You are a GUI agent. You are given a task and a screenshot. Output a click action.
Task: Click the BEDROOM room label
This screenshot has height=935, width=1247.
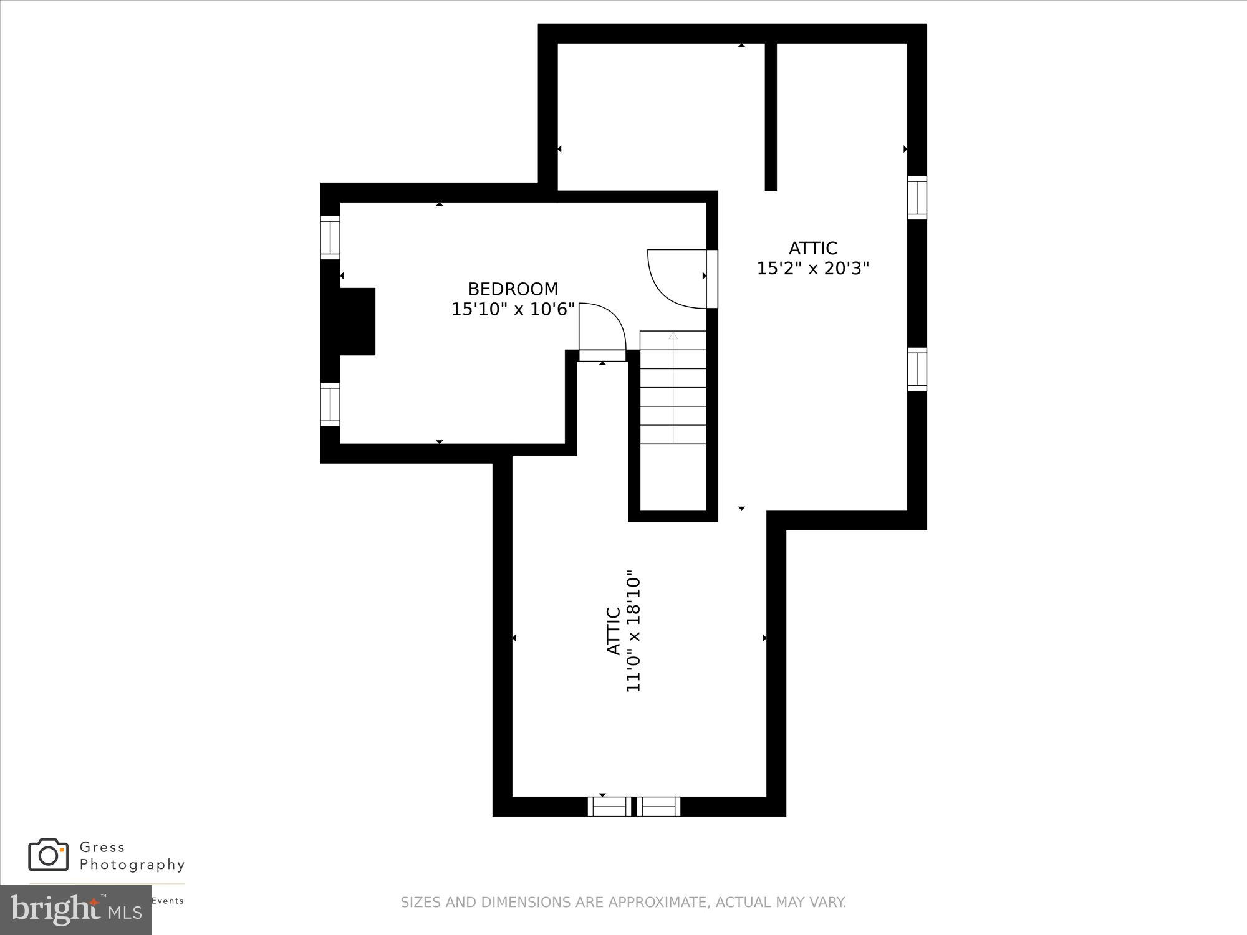tap(513, 289)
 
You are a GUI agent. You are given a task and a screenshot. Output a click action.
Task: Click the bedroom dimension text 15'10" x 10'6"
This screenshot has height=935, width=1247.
tap(513, 309)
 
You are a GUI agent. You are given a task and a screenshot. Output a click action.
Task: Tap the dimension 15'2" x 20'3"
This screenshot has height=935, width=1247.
tap(812, 269)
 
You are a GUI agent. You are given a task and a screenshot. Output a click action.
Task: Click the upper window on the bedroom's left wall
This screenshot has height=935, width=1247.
tap(330, 237)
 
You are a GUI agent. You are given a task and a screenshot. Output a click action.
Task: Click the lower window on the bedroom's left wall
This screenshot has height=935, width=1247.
tap(330, 405)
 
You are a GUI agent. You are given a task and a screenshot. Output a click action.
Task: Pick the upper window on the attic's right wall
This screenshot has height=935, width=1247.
tap(917, 198)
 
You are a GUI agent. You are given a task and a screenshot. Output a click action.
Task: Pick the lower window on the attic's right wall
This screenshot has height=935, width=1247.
tap(917, 369)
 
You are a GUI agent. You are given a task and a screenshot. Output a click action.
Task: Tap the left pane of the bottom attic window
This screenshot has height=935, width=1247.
tap(609, 807)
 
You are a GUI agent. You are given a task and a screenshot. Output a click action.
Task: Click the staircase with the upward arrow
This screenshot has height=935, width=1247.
tap(673, 388)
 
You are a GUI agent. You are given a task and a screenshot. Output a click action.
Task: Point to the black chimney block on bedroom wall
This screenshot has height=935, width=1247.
tap(357, 322)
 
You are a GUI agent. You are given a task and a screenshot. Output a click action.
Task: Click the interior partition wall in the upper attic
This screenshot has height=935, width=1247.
tap(771, 116)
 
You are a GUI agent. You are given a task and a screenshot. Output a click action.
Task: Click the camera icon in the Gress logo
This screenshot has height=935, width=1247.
tap(48, 855)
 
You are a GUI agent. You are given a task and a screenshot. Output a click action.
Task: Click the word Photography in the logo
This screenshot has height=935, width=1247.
tap(132, 865)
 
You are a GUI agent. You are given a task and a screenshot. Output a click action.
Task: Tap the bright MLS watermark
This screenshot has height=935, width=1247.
tap(75, 910)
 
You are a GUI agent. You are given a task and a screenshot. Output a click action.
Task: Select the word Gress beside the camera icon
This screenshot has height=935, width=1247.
tap(102, 847)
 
